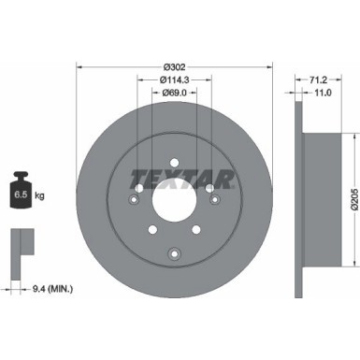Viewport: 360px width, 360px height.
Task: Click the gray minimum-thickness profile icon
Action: click(19, 243)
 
